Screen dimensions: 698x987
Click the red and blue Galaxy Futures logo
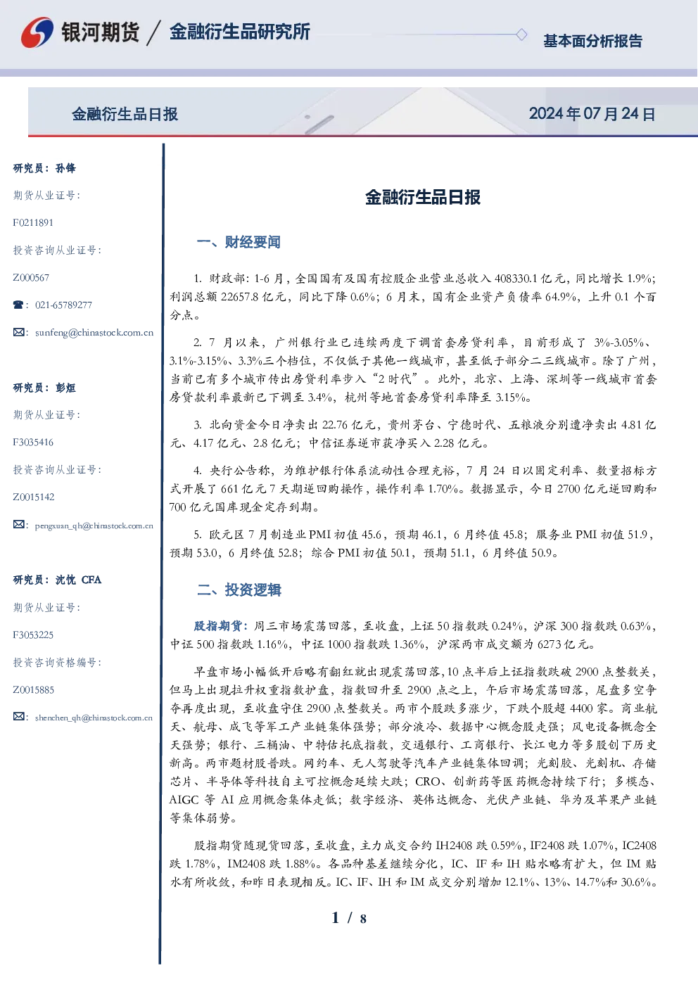click(x=37, y=32)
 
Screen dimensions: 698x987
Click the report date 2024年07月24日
click(x=592, y=114)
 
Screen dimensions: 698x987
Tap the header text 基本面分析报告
click(x=592, y=41)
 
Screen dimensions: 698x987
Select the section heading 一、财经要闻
click(x=239, y=242)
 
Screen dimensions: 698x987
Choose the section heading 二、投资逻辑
click(x=239, y=590)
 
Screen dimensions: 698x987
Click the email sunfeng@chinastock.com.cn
click(x=94, y=333)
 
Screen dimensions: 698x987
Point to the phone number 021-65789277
click(x=63, y=305)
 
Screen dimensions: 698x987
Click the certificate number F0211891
click(x=33, y=222)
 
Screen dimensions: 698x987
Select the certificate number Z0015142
click(x=34, y=497)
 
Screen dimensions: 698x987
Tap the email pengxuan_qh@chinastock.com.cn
click(x=94, y=526)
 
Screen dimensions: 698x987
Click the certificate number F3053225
click(x=33, y=635)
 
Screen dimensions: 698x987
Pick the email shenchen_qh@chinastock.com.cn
click(x=94, y=718)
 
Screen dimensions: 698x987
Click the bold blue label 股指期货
click(x=218, y=626)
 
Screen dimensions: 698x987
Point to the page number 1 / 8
click(x=349, y=917)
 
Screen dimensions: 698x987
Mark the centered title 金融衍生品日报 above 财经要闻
click(x=423, y=197)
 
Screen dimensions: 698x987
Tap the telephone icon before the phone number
click(x=18, y=305)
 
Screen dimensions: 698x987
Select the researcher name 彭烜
click(x=65, y=388)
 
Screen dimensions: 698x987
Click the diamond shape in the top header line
click(x=521, y=34)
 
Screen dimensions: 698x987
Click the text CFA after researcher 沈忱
click(x=91, y=580)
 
